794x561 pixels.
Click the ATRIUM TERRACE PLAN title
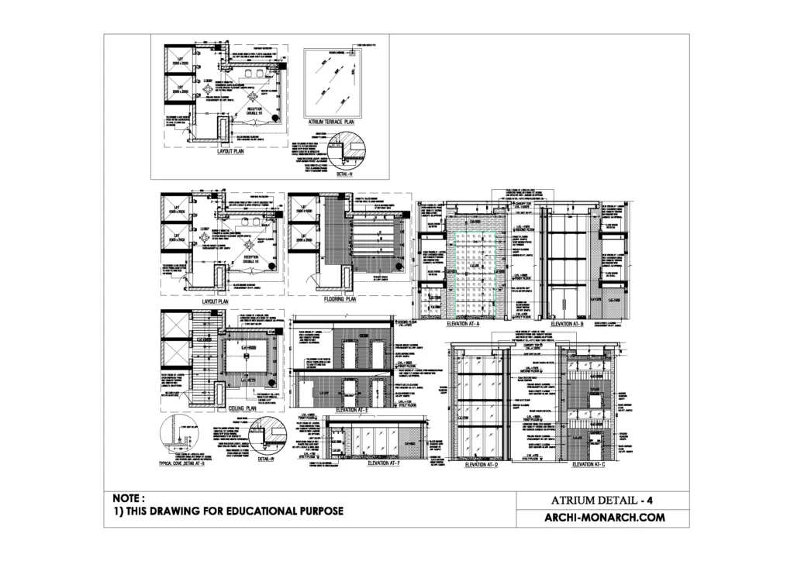click(x=331, y=122)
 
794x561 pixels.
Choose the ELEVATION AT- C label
click(x=589, y=465)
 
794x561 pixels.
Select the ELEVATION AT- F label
click(x=383, y=463)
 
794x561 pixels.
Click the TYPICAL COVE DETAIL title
click(x=180, y=463)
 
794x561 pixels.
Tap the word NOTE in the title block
click(x=127, y=498)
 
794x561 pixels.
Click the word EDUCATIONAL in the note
click(x=253, y=511)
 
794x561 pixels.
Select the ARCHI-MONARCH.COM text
click(x=606, y=518)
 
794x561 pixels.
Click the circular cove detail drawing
click(x=178, y=438)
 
